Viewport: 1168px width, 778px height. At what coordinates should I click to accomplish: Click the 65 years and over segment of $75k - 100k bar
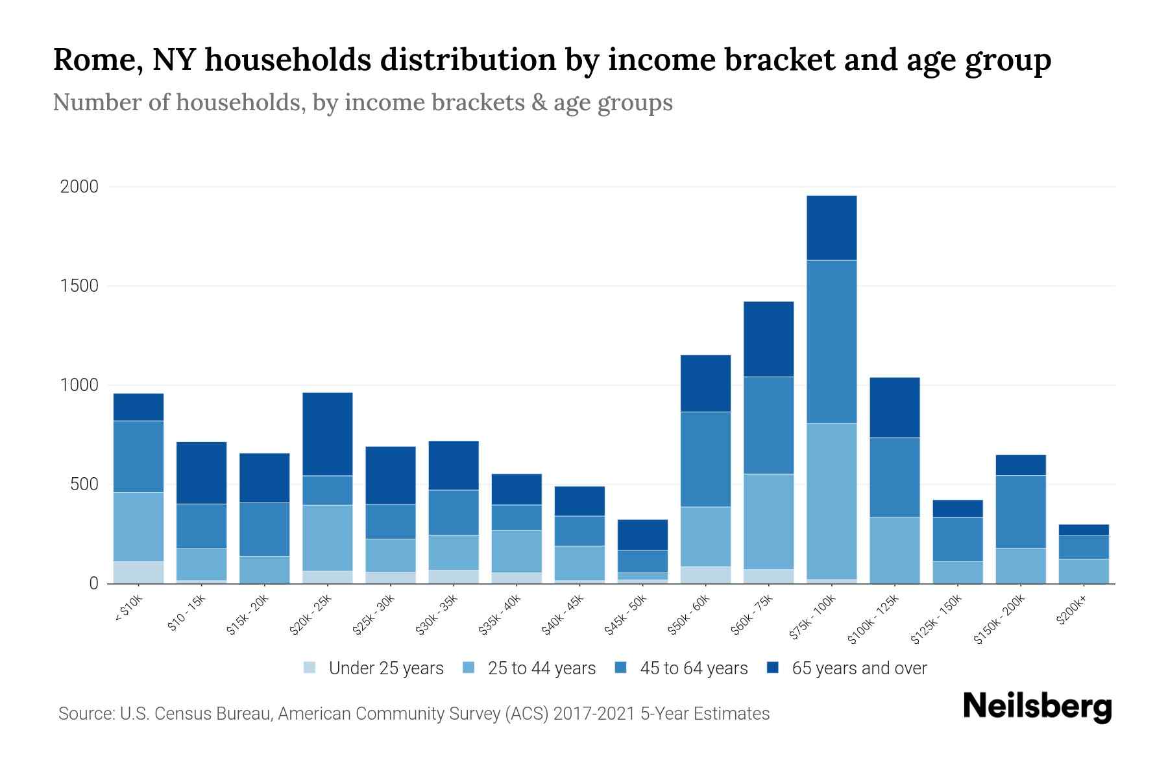(x=831, y=228)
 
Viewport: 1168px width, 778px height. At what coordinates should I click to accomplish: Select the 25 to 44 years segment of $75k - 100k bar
(x=831, y=501)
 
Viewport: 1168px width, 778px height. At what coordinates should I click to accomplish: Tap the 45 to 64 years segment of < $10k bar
(x=138, y=456)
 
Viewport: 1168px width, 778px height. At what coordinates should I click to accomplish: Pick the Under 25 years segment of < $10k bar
(x=138, y=572)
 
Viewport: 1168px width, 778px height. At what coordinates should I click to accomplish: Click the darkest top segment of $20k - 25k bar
(x=328, y=434)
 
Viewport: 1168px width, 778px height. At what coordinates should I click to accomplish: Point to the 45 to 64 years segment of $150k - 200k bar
(x=1021, y=512)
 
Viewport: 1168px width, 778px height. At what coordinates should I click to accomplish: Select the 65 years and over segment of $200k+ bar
(x=1084, y=530)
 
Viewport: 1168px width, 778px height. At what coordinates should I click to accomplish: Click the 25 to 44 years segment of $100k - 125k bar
(x=894, y=550)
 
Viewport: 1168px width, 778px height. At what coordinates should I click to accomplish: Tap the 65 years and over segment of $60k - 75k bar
(x=768, y=338)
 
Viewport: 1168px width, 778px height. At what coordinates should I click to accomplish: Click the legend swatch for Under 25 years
(x=310, y=668)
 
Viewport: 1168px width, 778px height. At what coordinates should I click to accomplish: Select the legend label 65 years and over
(x=859, y=668)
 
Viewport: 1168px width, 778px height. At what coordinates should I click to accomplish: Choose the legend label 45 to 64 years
(x=694, y=668)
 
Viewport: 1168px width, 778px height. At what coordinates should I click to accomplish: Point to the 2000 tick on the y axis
(x=79, y=187)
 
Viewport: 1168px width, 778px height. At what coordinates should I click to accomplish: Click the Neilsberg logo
(x=1037, y=707)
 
